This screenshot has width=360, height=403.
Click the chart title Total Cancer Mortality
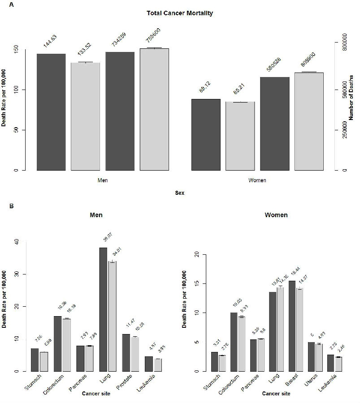click(180, 13)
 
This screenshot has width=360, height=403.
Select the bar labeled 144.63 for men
click(51, 112)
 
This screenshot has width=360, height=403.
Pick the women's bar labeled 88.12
click(206, 134)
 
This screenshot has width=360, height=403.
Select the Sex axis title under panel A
click(180, 193)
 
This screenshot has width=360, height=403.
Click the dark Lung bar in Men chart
click(103, 309)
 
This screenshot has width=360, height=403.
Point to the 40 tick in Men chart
click(17, 242)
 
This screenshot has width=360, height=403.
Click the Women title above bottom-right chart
click(276, 215)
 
